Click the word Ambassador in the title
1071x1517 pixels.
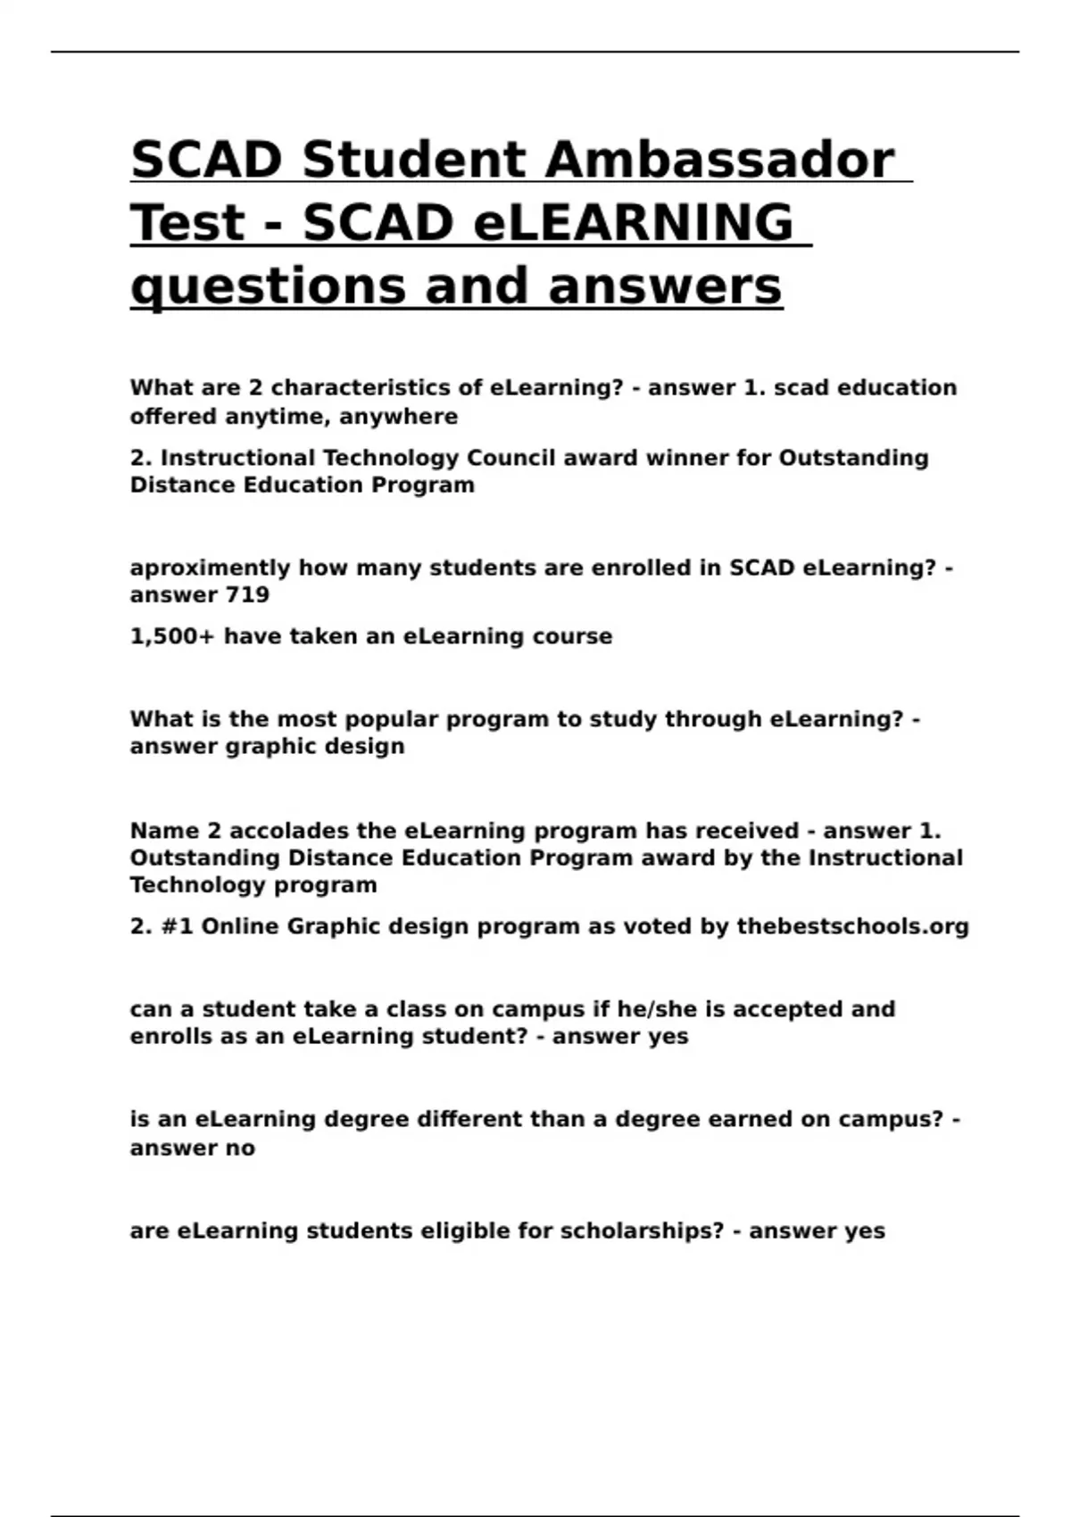click(x=719, y=161)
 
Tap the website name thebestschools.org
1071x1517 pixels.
click(x=852, y=927)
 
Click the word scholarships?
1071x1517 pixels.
click(x=642, y=1231)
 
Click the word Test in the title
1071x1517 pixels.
click(x=187, y=223)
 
